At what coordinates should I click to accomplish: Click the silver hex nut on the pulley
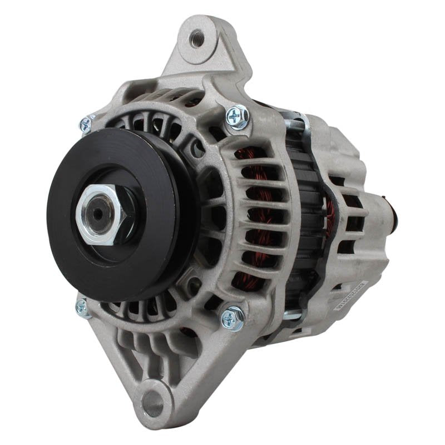(x=103, y=212)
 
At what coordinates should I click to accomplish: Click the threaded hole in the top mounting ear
(x=195, y=38)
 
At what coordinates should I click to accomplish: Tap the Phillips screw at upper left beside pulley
(x=86, y=124)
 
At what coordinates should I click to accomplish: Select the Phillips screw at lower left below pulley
(x=82, y=306)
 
